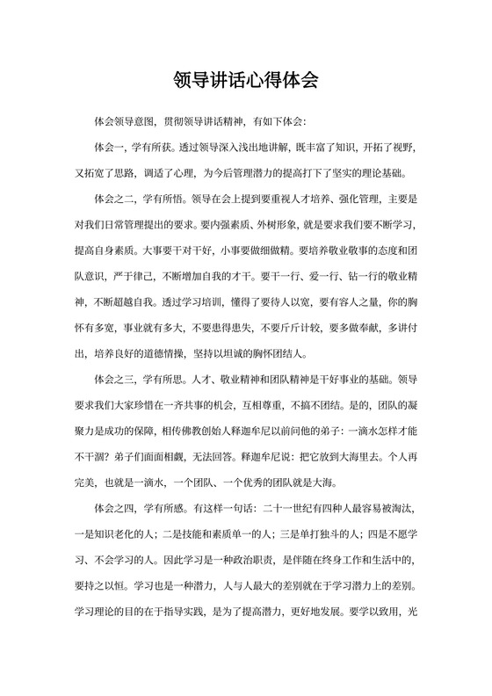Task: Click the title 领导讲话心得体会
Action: (x=246, y=82)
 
